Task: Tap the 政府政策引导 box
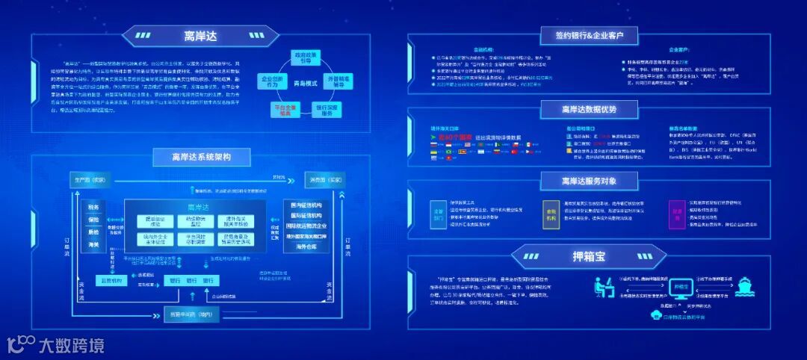307,59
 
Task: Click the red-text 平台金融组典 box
285,109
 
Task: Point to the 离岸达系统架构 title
202,157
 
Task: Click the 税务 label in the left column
93,207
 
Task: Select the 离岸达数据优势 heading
590,109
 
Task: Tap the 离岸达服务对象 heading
590,181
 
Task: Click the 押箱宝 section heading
590,256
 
